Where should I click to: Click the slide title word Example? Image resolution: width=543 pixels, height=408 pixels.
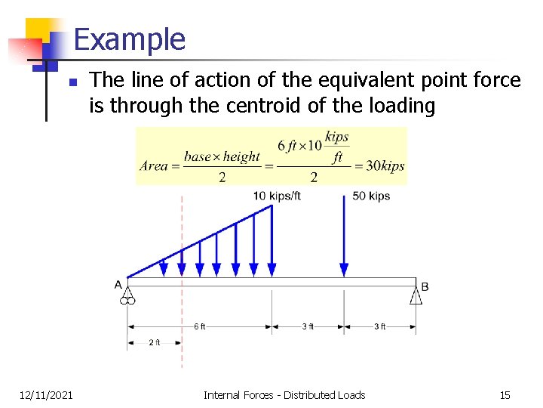[130, 39]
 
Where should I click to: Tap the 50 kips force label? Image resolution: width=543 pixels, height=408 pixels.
[371, 196]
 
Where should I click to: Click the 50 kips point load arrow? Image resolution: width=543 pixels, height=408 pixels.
[345, 234]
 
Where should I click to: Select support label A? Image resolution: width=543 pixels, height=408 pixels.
[118, 285]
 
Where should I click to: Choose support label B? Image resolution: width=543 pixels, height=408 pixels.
[425, 286]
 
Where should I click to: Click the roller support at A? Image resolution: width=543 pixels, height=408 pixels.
[127, 296]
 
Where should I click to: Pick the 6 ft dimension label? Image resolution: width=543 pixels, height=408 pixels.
[199, 326]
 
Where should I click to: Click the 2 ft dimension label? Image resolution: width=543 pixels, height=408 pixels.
[155, 342]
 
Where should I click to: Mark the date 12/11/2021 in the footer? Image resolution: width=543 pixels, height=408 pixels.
[46, 394]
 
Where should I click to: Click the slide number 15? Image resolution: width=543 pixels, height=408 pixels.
[505, 394]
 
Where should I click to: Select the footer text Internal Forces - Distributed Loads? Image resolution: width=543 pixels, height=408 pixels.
[284, 394]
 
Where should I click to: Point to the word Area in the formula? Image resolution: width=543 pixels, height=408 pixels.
[154, 165]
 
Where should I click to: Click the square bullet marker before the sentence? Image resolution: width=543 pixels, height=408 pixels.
[72, 82]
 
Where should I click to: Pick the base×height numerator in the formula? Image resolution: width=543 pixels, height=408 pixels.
[222, 156]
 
